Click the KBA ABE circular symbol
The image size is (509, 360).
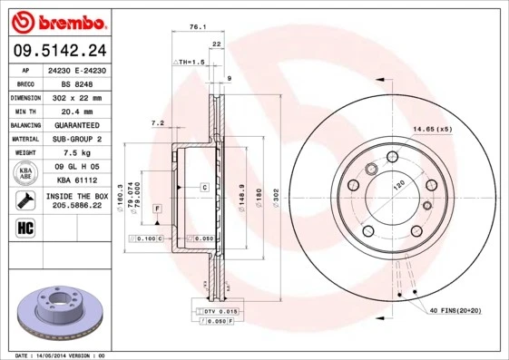25,174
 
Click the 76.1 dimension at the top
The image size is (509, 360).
193,28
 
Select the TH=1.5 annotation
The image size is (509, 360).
191,61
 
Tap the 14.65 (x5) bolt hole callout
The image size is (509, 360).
434,130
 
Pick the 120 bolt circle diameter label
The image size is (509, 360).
396,185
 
